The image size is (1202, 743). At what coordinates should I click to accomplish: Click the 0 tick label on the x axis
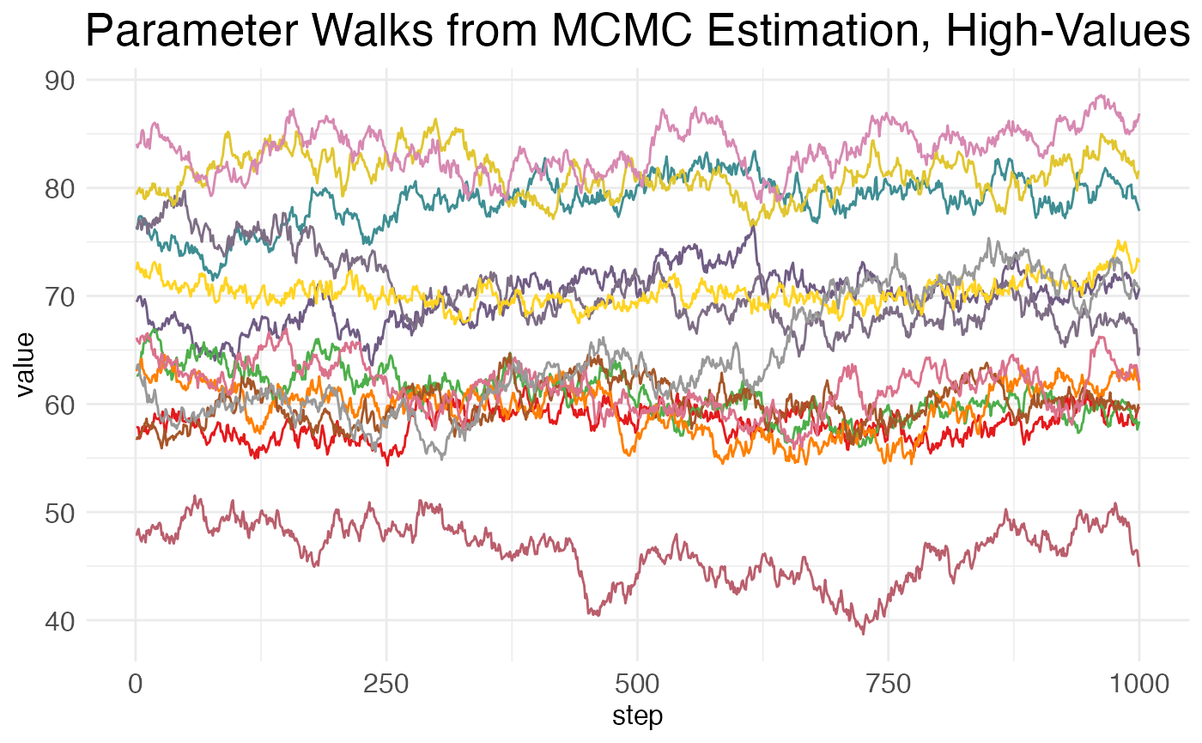pyautogui.click(x=135, y=685)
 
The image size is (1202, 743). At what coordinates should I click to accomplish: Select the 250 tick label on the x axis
pyautogui.click(x=386, y=685)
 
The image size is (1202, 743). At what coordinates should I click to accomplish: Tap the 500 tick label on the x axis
pyautogui.click(x=637, y=685)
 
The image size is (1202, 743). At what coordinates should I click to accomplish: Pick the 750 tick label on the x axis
pyautogui.click(x=888, y=685)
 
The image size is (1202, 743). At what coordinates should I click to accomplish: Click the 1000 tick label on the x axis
pyautogui.click(x=1138, y=685)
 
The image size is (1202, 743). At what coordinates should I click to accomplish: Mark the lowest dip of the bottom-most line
pyautogui.click(x=863, y=633)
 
